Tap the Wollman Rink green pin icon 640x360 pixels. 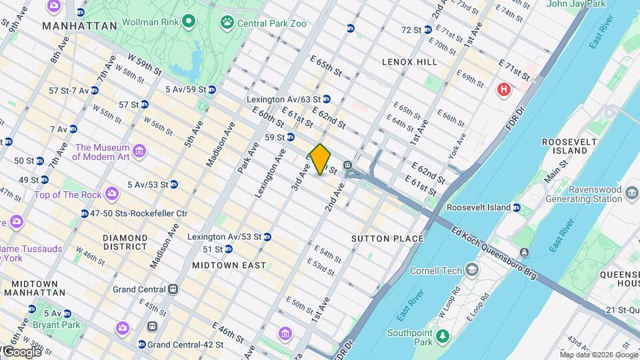pos(189,22)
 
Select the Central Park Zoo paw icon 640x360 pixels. pos(228,23)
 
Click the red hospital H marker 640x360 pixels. pos(504,89)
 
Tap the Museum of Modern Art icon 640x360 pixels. pos(139,151)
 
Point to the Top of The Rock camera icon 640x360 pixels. pos(112,195)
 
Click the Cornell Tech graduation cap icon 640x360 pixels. pos(472,270)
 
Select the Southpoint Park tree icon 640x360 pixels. pos(441,334)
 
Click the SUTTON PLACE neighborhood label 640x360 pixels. pos(387,239)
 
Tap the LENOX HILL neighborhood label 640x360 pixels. pos(409,62)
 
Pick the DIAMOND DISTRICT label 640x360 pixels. pos(125,243)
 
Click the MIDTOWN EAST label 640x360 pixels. pos(229,265)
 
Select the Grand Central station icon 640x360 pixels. pos(173,289)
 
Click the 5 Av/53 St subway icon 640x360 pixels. pos(173,184)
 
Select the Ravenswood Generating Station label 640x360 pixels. pos(583,194)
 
